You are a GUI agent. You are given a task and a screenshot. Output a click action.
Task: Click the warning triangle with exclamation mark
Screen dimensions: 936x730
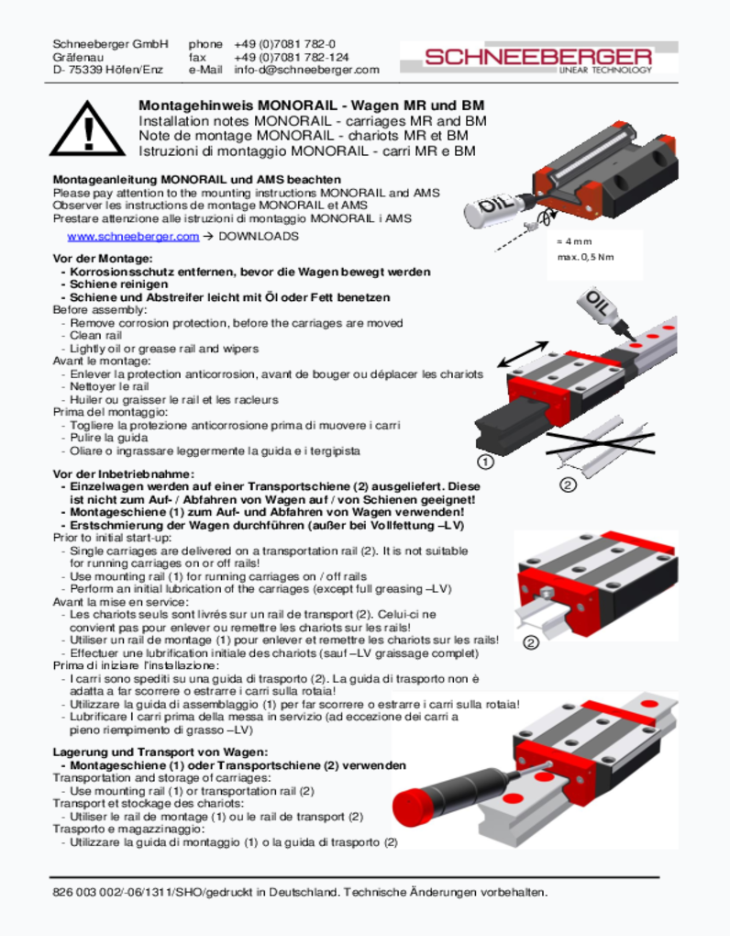tap(88, 128)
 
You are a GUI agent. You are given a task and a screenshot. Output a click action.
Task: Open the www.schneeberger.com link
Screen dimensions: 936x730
tap(133, 237)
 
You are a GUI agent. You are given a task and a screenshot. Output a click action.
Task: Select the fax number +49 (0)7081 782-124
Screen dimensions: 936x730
tap(291, 57)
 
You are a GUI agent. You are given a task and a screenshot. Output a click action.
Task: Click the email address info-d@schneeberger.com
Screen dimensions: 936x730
tap(306, 70)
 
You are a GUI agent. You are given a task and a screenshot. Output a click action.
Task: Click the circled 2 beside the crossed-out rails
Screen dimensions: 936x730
tap(568, 485)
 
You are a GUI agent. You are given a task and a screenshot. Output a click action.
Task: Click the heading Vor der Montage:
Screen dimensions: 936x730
tap(96, 260)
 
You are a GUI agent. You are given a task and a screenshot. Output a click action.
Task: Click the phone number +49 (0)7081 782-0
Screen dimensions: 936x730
tap(284, 44)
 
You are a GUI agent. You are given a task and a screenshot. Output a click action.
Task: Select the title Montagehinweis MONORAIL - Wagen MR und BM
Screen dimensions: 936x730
tap(312, 106)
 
